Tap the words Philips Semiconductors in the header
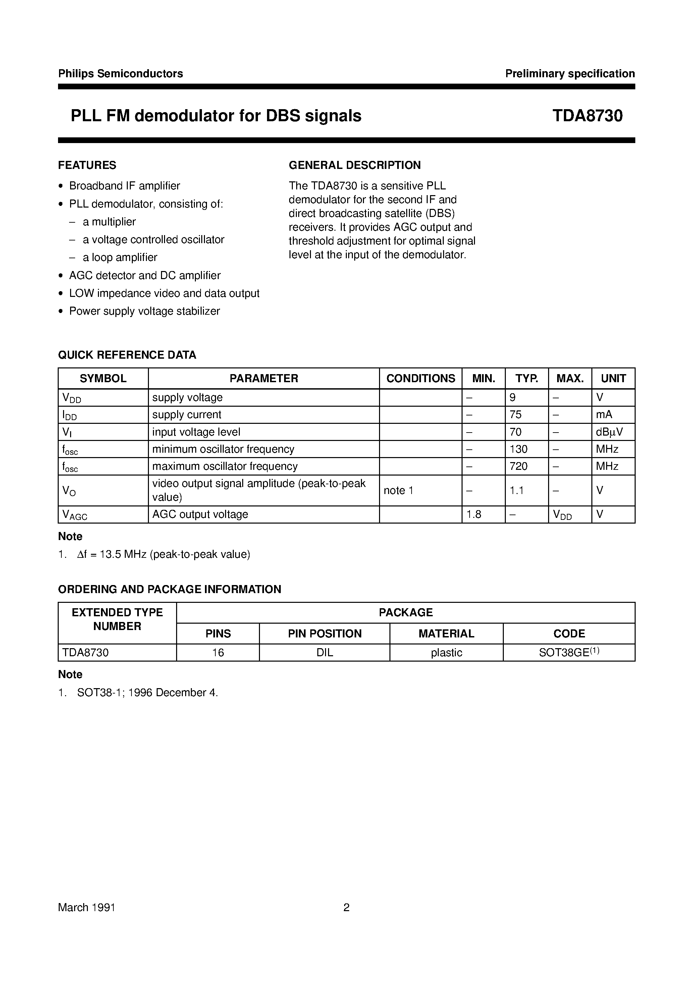pyautogui.click(x=120, y=74)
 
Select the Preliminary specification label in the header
pyautogui.click(x=570, y=74)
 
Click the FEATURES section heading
pyautogui.click(x=87, y=165)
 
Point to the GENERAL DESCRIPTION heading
pyautogui.click(x=355, y=165)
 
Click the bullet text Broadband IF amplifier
pyautogui.click(x=124, y=186)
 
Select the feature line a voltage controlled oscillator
pyautogui.click(x=153, y=239)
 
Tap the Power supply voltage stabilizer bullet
pyautogui.click(x=145, y=311)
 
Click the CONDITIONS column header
pyautogui.click(x=420, y=378)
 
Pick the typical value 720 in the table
pyautogui.click(x=519, y=466)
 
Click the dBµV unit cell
pyautogui.click(x=609, y=432)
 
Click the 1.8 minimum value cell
pyautogui.click(x=474, y=515)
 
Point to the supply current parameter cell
pyautogui.click(x=187, y=415)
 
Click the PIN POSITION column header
pyautogui.click(x=324, y=633)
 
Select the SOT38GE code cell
pyautogui.click(x=569, y=652)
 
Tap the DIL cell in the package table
pyautogui.click(x=324, y=653)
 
